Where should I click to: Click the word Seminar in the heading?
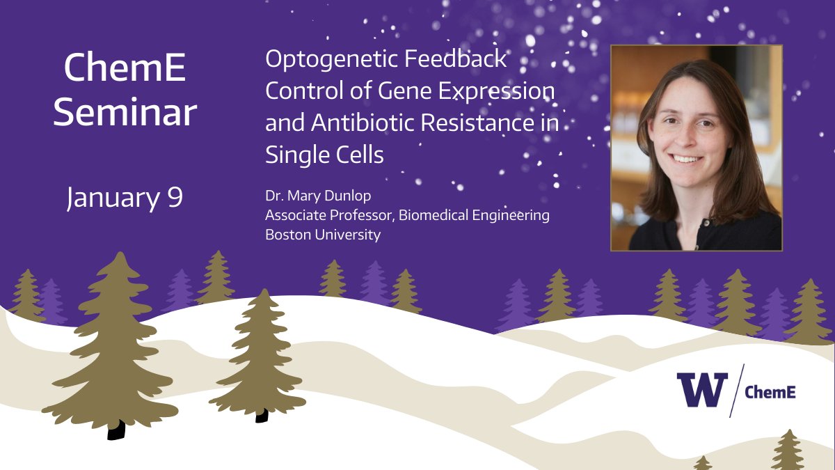(125, 112)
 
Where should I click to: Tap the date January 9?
(125, 198)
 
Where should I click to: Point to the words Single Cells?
(324, 155)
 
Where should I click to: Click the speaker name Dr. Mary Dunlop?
(318, 196)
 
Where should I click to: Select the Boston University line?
(323, 235)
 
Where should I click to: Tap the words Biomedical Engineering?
(474, 215)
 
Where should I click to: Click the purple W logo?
(702, 389)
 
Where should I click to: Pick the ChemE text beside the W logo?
(770, 392)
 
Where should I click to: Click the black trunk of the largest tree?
(116, 430)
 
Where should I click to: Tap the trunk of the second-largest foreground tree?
(262, 416)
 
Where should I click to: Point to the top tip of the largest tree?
(120, 252)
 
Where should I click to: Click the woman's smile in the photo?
(686, 159)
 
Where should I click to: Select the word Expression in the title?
(497, 91)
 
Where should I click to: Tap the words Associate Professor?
(328, 215)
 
